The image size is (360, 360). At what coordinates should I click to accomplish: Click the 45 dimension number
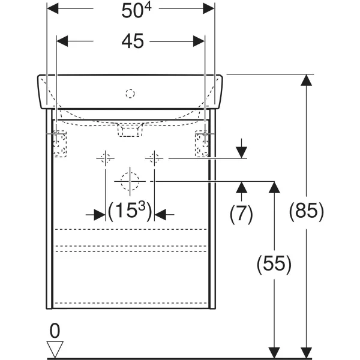click(x=133, y=41)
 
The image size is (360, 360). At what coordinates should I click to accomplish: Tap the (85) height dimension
click(x=306, y=211)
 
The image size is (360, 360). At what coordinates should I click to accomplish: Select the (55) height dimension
click(x=274, y=264)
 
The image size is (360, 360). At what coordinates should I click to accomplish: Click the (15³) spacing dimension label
click(x=130, y=211)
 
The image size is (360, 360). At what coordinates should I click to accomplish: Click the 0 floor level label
click(x=55, y=331)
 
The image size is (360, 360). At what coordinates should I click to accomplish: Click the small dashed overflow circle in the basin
click(x=130, y=94)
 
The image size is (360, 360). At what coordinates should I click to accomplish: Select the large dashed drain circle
click(x=130, y=181)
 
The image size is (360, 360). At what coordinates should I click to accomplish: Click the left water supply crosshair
click(x=106, y=158)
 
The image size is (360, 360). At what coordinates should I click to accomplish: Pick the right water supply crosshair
click(x=154, y=158)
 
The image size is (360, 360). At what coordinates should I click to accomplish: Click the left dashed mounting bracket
click(x=60, y=144)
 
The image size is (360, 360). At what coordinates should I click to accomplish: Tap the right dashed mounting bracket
click(x=202, y=144)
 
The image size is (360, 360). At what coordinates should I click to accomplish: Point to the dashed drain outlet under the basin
click(x=130, y=130)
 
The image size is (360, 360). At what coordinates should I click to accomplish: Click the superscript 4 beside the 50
click(x=148, y=7)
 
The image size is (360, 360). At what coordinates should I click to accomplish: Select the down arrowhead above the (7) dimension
click(x=241, y=152)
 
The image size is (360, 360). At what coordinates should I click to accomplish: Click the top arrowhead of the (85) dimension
click(x=306, y=80)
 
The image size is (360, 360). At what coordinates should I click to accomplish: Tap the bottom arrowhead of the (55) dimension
click(x=274, y=353)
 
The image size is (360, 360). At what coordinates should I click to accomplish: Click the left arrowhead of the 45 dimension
click(x=62, y=41)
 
